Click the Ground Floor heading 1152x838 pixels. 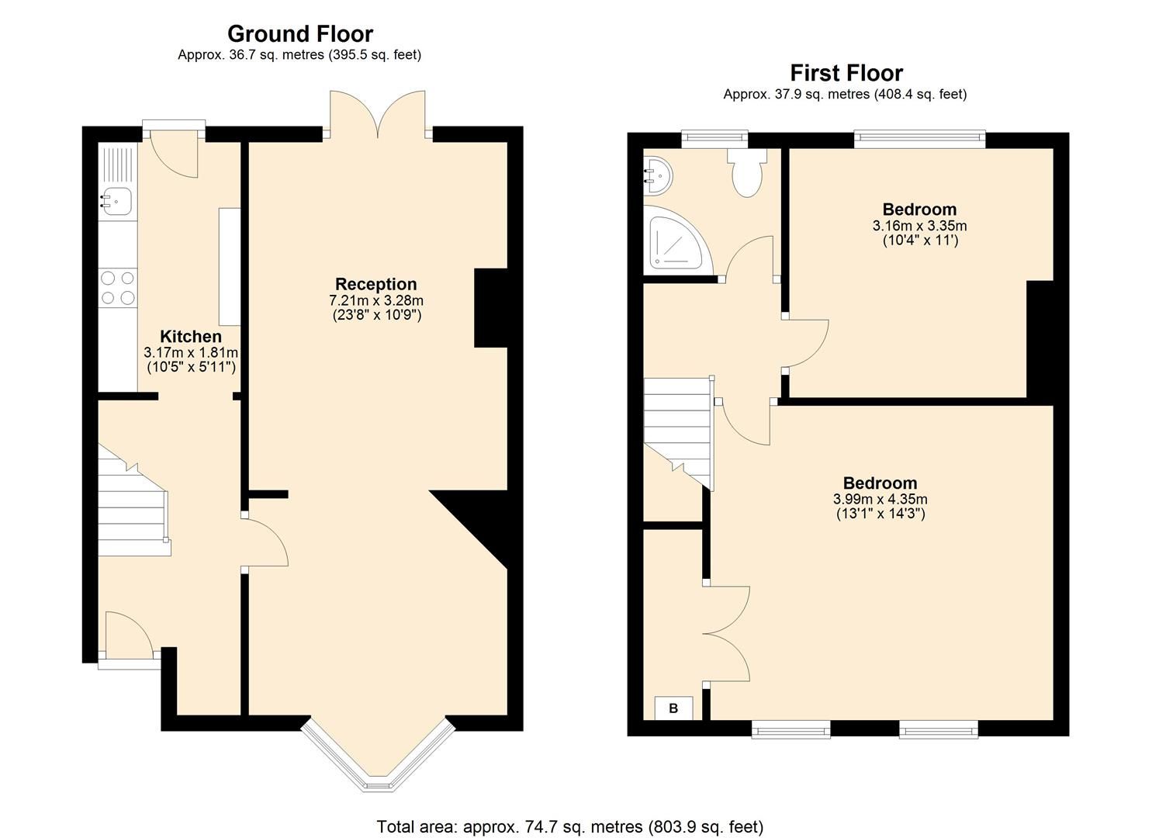pos(299,34)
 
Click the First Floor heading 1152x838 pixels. pos(846,73)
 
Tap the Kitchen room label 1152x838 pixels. pos(190,337)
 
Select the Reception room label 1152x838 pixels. pos(375,284)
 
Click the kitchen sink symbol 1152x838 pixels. pos(116,201)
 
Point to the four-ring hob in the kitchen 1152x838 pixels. pos(118,287)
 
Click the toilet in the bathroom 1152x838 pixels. pos(746,172)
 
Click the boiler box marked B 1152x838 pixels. pos(673,708)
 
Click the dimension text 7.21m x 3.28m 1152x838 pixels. pos(375,300)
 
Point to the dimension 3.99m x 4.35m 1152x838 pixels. pos(880,499)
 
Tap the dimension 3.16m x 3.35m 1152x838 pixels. pos(919,226)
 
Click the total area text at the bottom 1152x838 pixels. pos(569,826)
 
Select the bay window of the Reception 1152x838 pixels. pos(377,760)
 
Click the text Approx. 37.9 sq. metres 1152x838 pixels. pos(845,95)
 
